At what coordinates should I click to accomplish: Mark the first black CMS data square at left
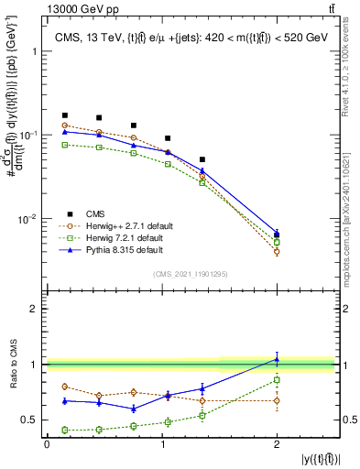pos(64,115)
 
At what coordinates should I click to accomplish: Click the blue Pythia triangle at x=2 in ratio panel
pos(277,359)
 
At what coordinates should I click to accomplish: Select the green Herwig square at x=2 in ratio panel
pos(277,379)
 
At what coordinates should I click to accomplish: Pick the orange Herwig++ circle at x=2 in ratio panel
pos(277,400)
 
